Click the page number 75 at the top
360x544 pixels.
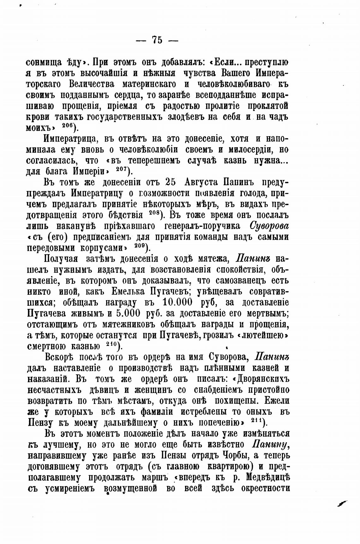[157, 40]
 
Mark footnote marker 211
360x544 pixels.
[257, 421]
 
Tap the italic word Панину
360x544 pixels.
[271, 444]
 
